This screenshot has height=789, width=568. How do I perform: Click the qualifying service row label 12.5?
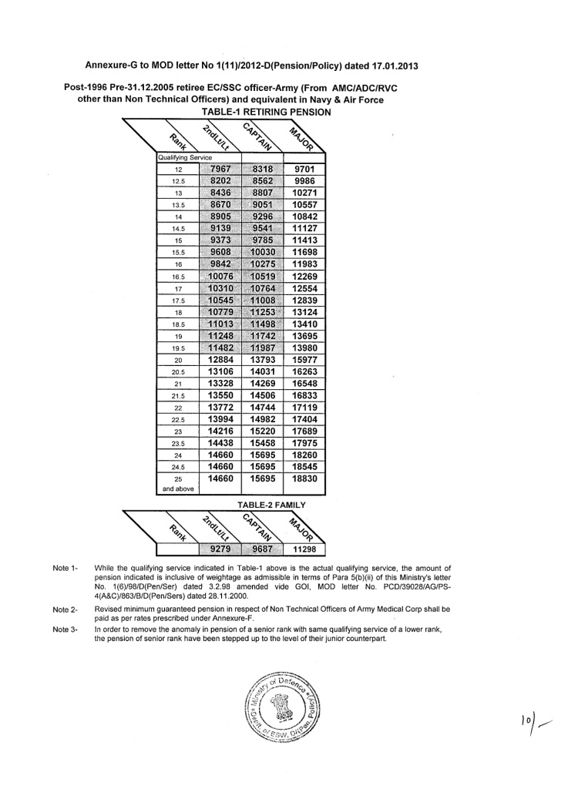[178, 181]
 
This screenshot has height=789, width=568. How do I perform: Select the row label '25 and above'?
[178, 483]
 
